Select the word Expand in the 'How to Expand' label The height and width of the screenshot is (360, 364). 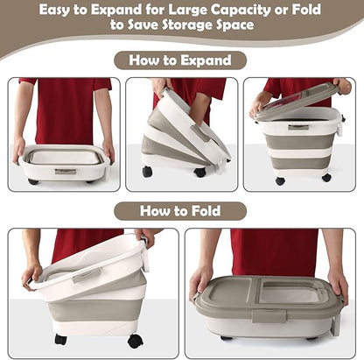[x=206, y=60]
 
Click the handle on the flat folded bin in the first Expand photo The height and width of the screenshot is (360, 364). [x=66, y=172]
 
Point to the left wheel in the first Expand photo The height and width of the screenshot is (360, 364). [x=33, y=181]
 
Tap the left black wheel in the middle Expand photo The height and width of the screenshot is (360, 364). [x=148, y=172]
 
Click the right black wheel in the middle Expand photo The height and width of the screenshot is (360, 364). [x=199, y=173]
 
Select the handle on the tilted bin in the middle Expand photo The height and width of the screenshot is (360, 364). [x=200, y=132]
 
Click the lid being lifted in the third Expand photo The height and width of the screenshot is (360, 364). [x=295, y=100]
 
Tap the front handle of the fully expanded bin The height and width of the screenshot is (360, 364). [x=298, y=127]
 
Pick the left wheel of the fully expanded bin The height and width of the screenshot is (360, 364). [x=280, y=180]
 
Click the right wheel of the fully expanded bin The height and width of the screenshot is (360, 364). [x=326, y=178]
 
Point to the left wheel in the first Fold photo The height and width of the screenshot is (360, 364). [x=60, y=340]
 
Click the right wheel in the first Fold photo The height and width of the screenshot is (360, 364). [x=136, y=341]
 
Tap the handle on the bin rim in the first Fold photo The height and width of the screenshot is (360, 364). [x=87, y=275]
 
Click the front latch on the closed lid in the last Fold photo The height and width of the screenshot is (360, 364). [x=269, y=316]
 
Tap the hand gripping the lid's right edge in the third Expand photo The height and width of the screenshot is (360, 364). [x=343, y=86]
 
